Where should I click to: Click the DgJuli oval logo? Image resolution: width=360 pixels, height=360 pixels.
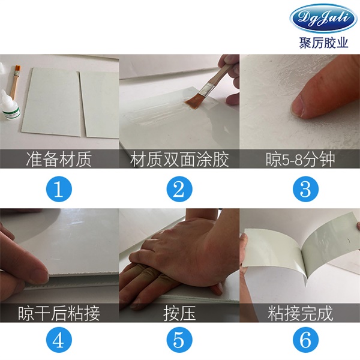pyautogui.click(x=323, y=18)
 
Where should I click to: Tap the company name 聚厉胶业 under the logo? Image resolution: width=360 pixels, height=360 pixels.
pyautogui.click(x=323, y=43)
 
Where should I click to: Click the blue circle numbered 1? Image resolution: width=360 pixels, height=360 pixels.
pyautogui.click(x=59, y=189)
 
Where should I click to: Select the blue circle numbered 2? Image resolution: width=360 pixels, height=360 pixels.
pyautogui.click(x=179, y=189)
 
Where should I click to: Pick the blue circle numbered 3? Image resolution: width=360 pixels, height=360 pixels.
pyautogui.click(x=305, y=189)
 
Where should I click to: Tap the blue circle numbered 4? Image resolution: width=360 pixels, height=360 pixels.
pyautogui.click(x=59, y=340)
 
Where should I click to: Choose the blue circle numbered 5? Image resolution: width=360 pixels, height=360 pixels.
pyautogui.click(x=179, y=340)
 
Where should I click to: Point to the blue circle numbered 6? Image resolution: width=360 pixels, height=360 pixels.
pyautogui.click(x=305, y=340)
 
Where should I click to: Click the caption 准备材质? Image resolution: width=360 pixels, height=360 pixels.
pyautogui.click(x=59, y=159)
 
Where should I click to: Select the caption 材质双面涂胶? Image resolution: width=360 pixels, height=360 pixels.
pyautogui.click(x=179, y=159)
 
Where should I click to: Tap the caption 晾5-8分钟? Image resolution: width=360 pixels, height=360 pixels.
pyautogui.click(x=301, y=159)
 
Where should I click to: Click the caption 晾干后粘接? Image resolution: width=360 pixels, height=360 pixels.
pyautogui.click(x=59, y=313)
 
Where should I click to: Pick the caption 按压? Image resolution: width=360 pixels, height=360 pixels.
pyautogui.click(x=179, y=313)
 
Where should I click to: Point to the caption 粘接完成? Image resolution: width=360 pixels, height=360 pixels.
pyautogui.click(x=301, y=313)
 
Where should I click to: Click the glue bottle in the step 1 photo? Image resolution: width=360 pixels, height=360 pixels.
pyautogui.click(x=10, y=106)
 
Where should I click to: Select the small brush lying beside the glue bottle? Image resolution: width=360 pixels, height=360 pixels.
pyautogui.click(x=14, y=82)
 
